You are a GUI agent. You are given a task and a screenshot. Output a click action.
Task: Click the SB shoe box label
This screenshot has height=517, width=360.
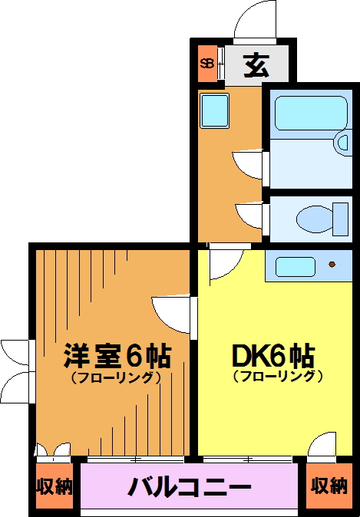tap(207, 64)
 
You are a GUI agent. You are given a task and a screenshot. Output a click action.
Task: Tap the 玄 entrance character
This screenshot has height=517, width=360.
tap(256, 65)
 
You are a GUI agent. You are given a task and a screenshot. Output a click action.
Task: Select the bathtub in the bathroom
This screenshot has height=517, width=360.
tap(311, 113)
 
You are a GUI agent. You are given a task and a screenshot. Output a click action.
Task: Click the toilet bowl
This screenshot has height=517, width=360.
tap(315, 219)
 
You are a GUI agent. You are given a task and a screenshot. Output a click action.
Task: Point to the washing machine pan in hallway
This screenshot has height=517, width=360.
tap(214, 110)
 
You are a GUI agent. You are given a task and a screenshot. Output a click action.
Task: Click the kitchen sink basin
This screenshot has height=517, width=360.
tap(295, 266)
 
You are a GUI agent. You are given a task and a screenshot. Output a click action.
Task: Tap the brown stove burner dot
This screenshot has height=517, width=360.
tap(332, 264)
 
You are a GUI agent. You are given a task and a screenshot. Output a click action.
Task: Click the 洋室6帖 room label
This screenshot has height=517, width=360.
tap(117, 356)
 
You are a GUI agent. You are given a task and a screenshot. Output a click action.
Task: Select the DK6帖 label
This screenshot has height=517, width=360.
tap(273, 356)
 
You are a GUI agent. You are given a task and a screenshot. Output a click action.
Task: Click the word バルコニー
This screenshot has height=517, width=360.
tap(190, 487)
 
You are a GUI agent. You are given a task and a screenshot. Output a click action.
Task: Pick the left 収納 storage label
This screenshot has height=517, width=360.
tap(54, 486)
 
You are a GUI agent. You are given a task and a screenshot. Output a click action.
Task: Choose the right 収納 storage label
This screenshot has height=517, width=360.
tap(329, 486)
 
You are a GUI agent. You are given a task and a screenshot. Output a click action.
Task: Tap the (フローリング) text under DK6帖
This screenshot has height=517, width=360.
tap(278, 376)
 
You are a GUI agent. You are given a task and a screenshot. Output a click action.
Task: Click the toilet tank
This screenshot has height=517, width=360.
tap(341, 219)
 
